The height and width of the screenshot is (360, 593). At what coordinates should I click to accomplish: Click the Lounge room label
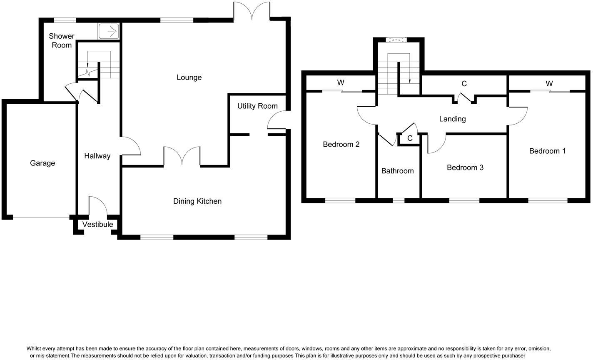(189, 77)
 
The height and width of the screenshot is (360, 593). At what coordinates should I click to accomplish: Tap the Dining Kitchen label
(197, 201)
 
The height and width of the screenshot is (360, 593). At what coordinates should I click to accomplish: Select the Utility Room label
(257, 106)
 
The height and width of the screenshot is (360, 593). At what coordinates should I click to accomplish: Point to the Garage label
(42, 163)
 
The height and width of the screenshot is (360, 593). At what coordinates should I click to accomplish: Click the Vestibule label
(97, 225)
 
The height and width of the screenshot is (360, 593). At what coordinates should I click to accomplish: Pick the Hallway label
(97, 156)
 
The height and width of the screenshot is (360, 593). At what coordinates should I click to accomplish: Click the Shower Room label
(62, 40)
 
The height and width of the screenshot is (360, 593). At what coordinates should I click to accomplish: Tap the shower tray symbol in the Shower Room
(109, 31)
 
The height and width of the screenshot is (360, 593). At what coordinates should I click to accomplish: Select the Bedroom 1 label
(547, 151)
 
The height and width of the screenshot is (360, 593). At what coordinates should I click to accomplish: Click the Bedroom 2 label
(341, 145)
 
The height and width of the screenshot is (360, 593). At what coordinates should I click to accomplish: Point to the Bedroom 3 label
(465, 167)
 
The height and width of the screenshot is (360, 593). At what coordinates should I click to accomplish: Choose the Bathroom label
(397, 171)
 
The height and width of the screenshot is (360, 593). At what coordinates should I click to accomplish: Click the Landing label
(452, 119)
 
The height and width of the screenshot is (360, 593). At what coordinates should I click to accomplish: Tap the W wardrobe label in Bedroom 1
(549, 84)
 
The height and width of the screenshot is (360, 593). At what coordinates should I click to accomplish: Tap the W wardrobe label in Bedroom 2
(341, 82)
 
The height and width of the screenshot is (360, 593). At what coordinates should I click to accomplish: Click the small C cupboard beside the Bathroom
(410, 138)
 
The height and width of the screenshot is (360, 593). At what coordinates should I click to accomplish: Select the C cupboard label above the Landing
(464, 84)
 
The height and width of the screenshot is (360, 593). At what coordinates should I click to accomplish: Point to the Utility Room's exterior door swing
(277, 120)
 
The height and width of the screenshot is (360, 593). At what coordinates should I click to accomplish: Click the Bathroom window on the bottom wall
(399, 200)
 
